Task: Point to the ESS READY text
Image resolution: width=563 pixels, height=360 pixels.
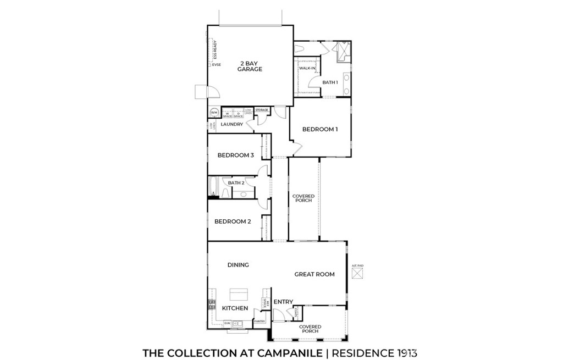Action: [x=216, y=50]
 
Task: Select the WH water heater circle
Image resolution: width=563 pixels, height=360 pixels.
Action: [x=214, y=113]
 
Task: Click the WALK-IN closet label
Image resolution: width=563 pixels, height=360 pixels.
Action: [x=307, y=68]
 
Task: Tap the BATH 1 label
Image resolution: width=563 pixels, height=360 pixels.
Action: [x=330, y=82]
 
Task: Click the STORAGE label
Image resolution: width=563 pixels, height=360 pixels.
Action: [x=262, y=110]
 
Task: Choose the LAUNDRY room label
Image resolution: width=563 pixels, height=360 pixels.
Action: [x=231, y=124]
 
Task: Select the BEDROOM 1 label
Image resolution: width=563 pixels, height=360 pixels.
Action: [x=319, y=129]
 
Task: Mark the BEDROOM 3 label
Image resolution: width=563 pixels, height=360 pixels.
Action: [x=235, y=155]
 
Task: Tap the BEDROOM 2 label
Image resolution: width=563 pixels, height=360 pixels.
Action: [x=233, y=221]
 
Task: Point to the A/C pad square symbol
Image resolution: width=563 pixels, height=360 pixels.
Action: [x=357, y=274]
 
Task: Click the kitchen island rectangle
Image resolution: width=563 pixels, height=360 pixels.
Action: [x=239, y=293]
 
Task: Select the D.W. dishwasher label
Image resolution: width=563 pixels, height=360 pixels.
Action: [x=227, y=323]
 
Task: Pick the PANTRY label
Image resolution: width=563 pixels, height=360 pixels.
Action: [x=260, y=321]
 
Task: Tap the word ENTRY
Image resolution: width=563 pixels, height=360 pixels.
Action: [x=283, y=302]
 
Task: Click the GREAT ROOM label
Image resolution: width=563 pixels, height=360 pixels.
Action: [x=314, y=274]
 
